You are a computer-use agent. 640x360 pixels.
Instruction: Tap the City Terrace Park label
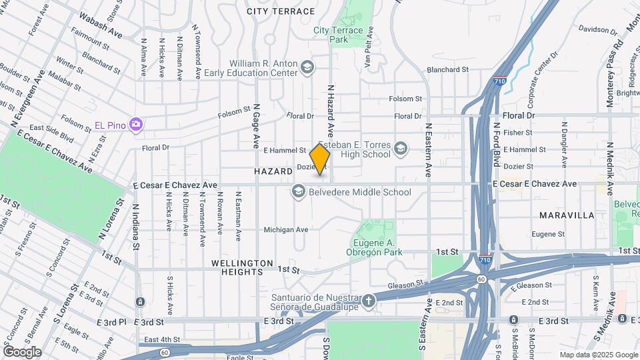[338, 35]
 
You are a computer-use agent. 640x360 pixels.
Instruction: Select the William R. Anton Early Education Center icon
[307, 67]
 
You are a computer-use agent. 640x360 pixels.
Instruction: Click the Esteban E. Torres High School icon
[401, 149]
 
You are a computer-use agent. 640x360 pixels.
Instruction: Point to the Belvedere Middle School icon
[298, 192]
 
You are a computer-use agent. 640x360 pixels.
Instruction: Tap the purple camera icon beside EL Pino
[136, 125]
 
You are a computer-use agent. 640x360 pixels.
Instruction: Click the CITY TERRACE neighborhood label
[280, 11]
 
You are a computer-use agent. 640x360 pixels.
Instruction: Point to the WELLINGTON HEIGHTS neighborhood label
[242, 267]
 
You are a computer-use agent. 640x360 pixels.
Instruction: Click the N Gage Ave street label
[256, 129]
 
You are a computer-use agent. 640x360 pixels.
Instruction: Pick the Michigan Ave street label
[285, 229]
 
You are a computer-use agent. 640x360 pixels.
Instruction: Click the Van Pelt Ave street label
[367, 47]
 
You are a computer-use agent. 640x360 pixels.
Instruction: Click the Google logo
[22, 352]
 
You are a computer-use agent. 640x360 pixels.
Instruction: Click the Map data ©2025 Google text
[598, 355]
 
